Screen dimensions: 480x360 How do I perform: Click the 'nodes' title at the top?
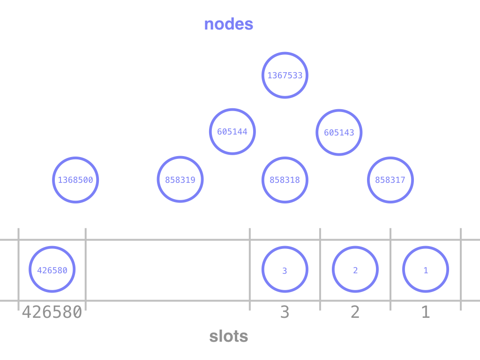pyautogui.click(x=229, y=24)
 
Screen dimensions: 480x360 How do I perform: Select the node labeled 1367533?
pyautogui.click(x=285, y=75)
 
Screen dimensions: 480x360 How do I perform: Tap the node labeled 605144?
pyautogui.click(x=232, y=132)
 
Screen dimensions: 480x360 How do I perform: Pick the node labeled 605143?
pyautogui.click(x=339, y=132)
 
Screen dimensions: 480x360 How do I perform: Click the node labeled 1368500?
pyautogui.click(x=75, y=180)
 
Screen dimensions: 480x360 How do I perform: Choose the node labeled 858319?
pyautogui.click(x=180, y=180)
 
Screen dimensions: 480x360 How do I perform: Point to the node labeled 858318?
pyautogui.click(x=285, y=180)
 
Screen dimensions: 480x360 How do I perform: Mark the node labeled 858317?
pyautogui.click(x=390, y=180)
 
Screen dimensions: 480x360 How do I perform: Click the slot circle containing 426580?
pyautogui.click(x=52, y=270)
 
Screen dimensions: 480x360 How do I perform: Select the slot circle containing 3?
pyautogui.click(x=285, y=270)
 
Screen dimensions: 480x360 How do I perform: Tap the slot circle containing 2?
pyautogui.click(x=355, y=270)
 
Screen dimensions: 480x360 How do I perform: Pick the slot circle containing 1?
pyautogui.click(x=426, y=270)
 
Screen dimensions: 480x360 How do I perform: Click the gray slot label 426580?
pyautogui.click(x=52, y=312)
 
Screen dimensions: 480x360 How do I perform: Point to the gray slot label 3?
pyautogui.click(x=285, y=312)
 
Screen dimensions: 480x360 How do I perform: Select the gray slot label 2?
pyautogui.click(x=355, y=312)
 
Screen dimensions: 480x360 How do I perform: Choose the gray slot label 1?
pyautogui.click(x=426, y=312)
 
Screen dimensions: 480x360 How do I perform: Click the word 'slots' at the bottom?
pyautogui.click(x=229, y=336)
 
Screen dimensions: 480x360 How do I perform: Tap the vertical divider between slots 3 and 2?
pyautogui.click(x=320, y=269)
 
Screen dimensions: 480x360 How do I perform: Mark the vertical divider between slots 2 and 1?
pyautogui.click(x=390, y=269)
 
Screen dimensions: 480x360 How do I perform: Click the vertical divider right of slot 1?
pyautogui.click(x=461, y=269)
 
